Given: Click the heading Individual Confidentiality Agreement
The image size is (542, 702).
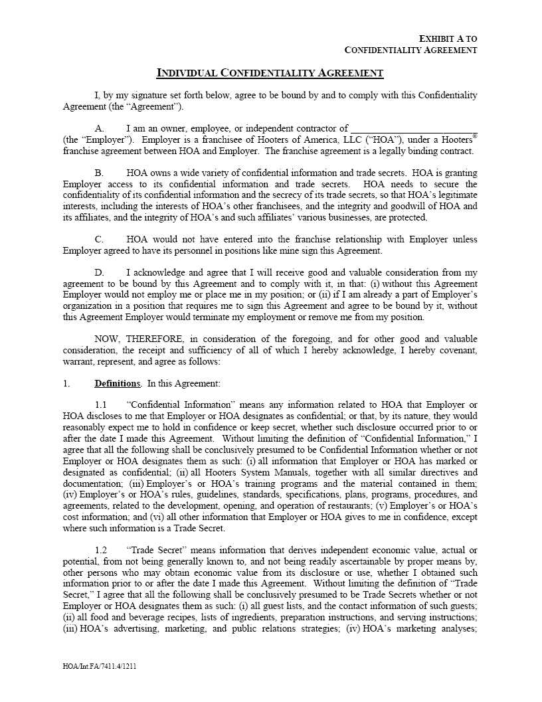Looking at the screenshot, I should pyautogui.click(x=270, y=72).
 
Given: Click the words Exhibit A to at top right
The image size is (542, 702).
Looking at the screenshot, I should pyautogui.click(x=448, y=39).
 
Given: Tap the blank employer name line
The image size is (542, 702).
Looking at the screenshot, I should pyautogui.click(x=413, y=128).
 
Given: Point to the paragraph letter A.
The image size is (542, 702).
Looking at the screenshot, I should pyautogui.click(x=99, y=128).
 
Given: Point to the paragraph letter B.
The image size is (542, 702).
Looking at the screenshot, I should pyautogui.click(x=99, y=173).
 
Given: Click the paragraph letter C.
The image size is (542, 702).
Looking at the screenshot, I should pyautogui.click(x=99, y=239).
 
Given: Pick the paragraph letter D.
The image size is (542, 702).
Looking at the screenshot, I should pyautogui.click(x=99, y=272).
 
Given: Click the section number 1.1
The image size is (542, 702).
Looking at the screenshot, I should pyautogui.click(x=101, y=404).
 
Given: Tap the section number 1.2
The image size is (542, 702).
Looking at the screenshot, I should pyautogui.click(x=101, y=550).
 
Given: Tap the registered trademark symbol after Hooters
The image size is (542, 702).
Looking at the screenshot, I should pyautogui.click(x=474, y=136).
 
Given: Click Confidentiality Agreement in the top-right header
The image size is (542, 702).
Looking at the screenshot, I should pyautogui.click(x=411, y=50).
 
